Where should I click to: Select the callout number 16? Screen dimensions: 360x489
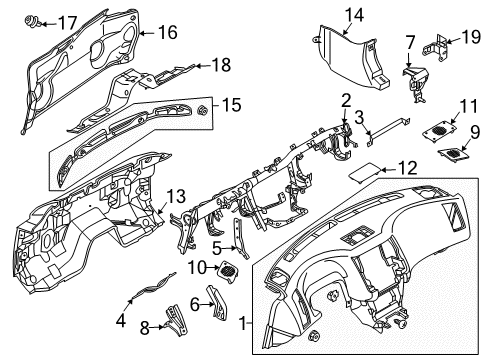coord(166,33)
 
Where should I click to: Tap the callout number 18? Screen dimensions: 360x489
coord(221,65)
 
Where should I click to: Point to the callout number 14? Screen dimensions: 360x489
coord(327,13)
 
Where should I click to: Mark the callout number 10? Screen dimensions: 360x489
coord(197,267)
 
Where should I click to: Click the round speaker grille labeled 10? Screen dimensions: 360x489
coord(229,269)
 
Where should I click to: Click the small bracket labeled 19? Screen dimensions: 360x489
coord(437,45)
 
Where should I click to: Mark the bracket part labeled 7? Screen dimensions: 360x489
coord(415,80)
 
